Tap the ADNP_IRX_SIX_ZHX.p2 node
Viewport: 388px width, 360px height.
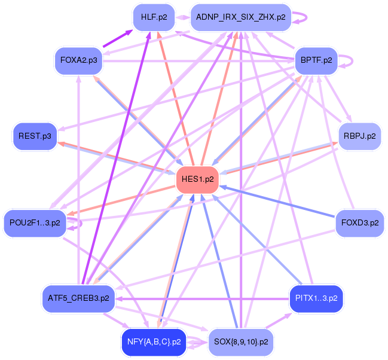click(x=241, y=17)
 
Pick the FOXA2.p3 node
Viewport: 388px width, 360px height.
click(x=79, y=60)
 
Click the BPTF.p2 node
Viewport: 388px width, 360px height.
click(x=317, y=60)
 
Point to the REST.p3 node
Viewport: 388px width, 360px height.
click(x=35, y=136)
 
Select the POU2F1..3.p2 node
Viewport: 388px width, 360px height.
click(x=35, y=222)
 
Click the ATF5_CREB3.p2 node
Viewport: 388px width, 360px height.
click(x=79, y=297)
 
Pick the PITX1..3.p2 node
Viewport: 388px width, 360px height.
click(x=316, y=297)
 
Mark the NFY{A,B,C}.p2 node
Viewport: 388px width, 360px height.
click(x=154, y=343)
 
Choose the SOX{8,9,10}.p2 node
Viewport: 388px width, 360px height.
click(x=241, y=343)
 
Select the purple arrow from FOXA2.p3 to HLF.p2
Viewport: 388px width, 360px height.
click(x=117, y=39)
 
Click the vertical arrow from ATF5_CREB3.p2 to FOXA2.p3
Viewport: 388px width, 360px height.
click(x=79, y=179)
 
